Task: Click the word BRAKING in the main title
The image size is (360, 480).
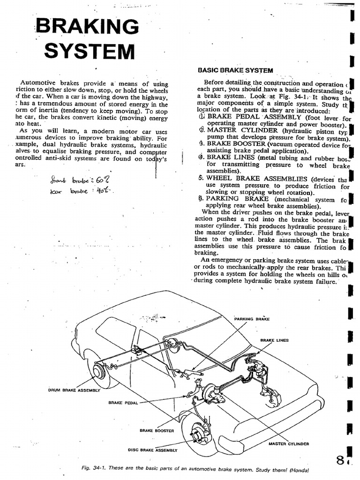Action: click(x=88, y=27)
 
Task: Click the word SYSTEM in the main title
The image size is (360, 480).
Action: click(x=90, y=51)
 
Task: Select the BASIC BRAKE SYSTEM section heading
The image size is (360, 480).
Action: click(x=235, y=70)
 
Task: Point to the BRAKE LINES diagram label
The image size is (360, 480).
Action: click(x=275, y=340)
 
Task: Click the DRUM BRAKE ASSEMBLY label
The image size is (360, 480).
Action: click(x=75, y=390)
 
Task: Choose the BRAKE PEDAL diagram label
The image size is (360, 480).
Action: click(x=123, y=403)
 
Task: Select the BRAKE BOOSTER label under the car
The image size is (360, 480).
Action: click(x=157, y=430)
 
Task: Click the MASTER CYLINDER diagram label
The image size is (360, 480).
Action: click(x=289, y=443)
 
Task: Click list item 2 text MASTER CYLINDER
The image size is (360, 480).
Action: click(x=242, y=130)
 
